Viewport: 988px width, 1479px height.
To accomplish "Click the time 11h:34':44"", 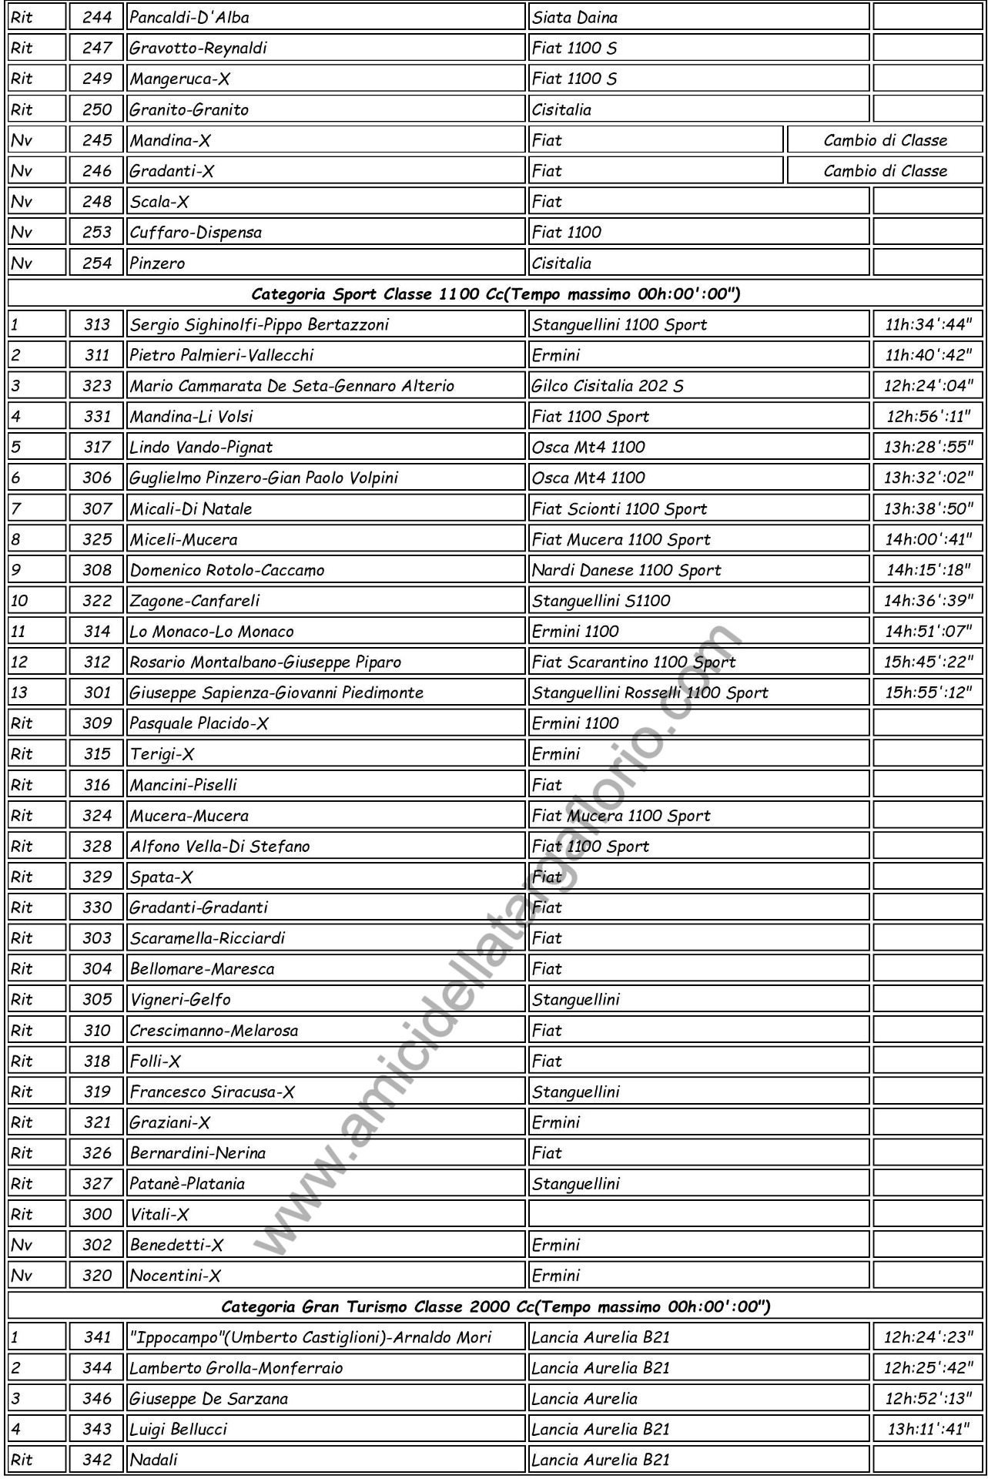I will [x=928, y=324].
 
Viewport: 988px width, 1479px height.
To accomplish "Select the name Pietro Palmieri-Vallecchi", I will [x=222, y=355].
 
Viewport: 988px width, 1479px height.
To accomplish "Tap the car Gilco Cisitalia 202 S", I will [x=608, y=386].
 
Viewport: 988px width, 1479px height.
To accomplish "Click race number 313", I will [x=97, y=324].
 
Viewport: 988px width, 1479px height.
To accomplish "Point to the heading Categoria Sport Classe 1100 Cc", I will [x=496, y=293].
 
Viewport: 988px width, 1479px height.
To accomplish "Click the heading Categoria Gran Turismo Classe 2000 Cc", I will [x=496, y=1306].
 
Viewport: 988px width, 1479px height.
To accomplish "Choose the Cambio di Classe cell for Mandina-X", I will [x=885, y=140].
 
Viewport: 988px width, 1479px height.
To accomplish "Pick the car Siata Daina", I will [x=575, y=17].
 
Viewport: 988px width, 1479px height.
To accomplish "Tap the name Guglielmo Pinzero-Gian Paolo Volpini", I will [x=263, y=478].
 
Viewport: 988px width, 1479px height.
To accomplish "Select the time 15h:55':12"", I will [x=928, y=692].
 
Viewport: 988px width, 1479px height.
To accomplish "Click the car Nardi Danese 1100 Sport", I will [x=627, y=570].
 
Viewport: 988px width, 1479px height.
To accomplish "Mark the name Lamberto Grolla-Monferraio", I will [x=236, y=1368].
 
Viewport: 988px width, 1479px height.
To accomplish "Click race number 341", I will [x=97, y=1337].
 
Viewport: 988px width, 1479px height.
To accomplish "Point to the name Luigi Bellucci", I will [x=179, y=1429].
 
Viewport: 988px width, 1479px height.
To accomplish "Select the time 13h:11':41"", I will [x=928, y=1429].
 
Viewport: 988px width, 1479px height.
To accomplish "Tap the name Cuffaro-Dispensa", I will [x=196, y=232].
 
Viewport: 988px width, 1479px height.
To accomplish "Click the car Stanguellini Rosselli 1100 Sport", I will [x=650, y=692].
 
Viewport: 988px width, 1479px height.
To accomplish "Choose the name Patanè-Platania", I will [x=187, y=1183].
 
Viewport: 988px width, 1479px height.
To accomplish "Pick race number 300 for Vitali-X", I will [x=97, y=1214].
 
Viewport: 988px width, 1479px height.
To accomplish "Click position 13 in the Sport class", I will [x=20, y=692].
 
